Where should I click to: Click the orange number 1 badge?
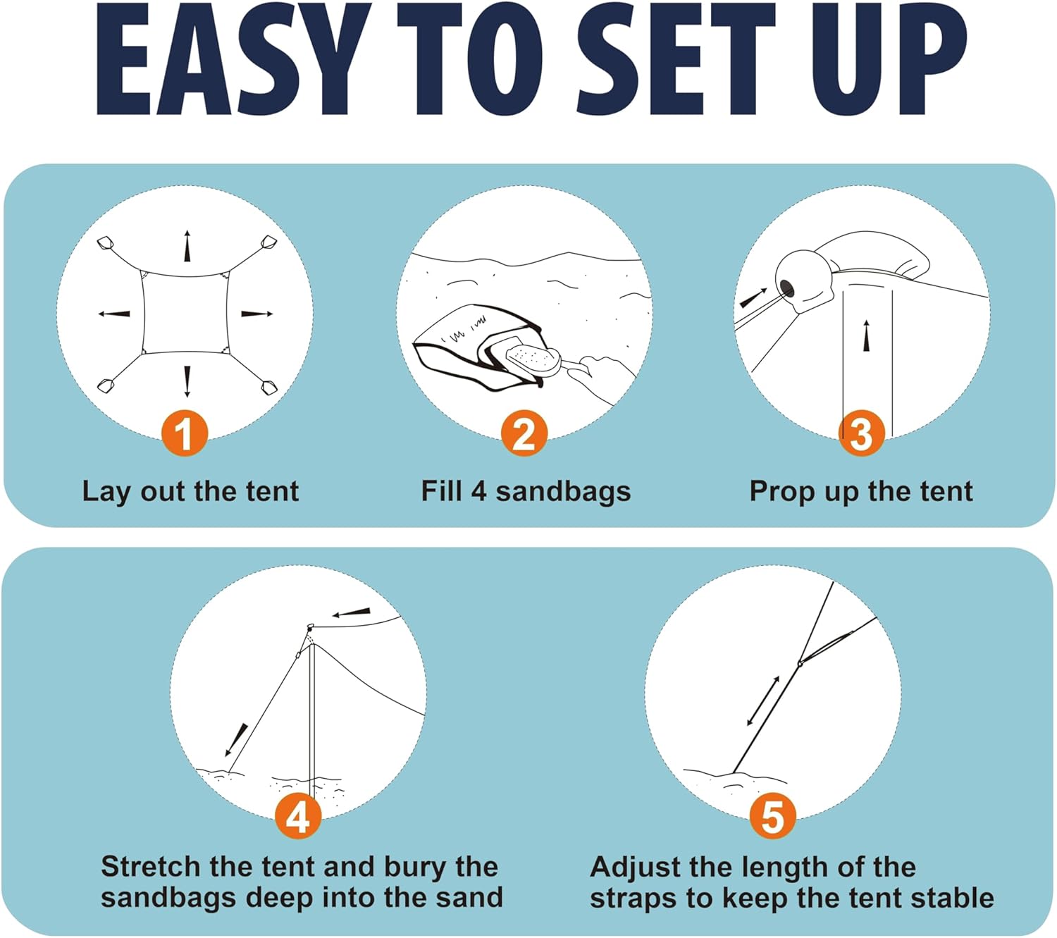184,433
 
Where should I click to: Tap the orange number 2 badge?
524,433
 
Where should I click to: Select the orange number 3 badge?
861,433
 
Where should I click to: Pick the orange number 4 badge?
298,816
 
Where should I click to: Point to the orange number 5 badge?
772,816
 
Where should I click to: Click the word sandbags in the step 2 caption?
563,491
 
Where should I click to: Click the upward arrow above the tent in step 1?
187,246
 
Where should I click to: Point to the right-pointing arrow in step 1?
256,314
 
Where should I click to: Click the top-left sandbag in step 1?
106,242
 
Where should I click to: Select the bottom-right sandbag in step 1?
269,388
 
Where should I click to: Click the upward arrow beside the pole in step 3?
867,335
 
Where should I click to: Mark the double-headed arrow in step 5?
763,701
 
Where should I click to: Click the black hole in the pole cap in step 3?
786,286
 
